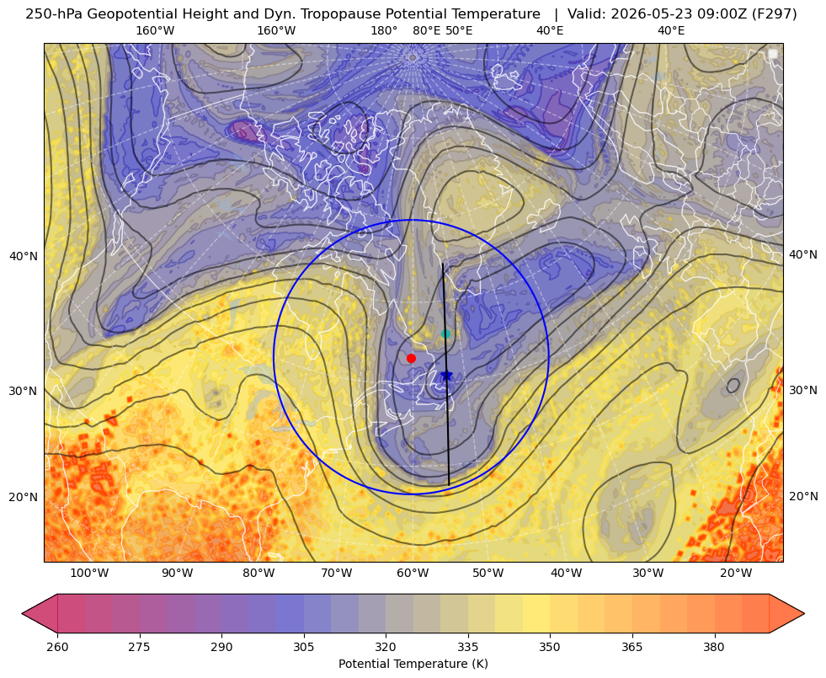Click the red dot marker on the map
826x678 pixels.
[412, 358]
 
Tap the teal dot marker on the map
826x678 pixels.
[445, 334]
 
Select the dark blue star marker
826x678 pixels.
[447, 376]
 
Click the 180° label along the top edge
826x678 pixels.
[384, 30]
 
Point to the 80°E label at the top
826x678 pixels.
[427, 30]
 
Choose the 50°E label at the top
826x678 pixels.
[459, 30]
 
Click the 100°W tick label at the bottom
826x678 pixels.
[89, 574]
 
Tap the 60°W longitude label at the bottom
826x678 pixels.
[413, 574]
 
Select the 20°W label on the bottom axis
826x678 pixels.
[736, 574]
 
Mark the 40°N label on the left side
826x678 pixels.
[24, 257]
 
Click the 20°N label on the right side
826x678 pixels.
[803, 496]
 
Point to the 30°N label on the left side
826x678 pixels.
[24, 391]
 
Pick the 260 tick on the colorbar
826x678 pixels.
[57, 647]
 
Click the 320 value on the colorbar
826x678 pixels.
[386, 647]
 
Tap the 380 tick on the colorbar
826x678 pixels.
[714, 647]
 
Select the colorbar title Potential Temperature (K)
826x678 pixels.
[413, 664]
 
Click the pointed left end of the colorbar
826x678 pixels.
[22, 613]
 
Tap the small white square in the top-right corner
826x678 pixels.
[773, 54]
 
